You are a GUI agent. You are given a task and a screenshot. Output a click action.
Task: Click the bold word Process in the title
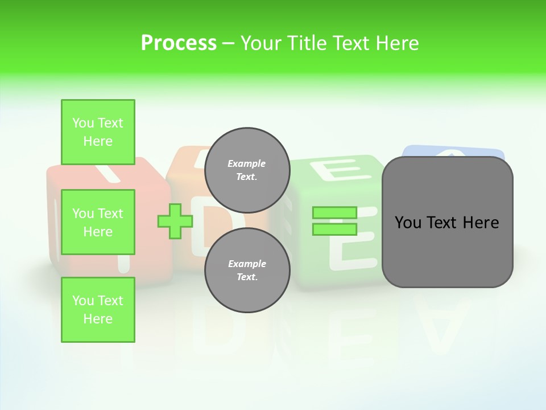(x=179, y=43)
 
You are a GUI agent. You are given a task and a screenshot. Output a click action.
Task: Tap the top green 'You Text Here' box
(x=98, y=132)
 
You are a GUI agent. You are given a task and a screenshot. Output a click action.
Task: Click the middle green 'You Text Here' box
(x=98, y=222)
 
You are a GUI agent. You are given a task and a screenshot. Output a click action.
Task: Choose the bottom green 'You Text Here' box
(x=98, y=310)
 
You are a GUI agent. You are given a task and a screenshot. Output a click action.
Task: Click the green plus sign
(x=175, y=222)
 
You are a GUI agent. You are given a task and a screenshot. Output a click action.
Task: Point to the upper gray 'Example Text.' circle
(x=247, y=170)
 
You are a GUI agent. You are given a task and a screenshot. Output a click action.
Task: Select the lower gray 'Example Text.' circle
(x=247, y=270)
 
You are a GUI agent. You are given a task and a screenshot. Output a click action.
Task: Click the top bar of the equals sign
(x=334, y=212)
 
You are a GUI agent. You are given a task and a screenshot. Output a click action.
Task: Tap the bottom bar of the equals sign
(x=334, y=229)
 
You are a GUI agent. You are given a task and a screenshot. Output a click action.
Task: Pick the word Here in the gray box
(x=481, y=223)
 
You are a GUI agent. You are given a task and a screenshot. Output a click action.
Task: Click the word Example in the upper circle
(x=247, y=163)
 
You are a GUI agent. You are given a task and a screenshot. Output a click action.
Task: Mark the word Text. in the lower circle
(x=247, y=277)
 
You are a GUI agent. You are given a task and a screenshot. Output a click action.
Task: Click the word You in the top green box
(x=83, y=123)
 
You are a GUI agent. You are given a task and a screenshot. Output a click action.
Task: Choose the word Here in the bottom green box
(x=98, y=319)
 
